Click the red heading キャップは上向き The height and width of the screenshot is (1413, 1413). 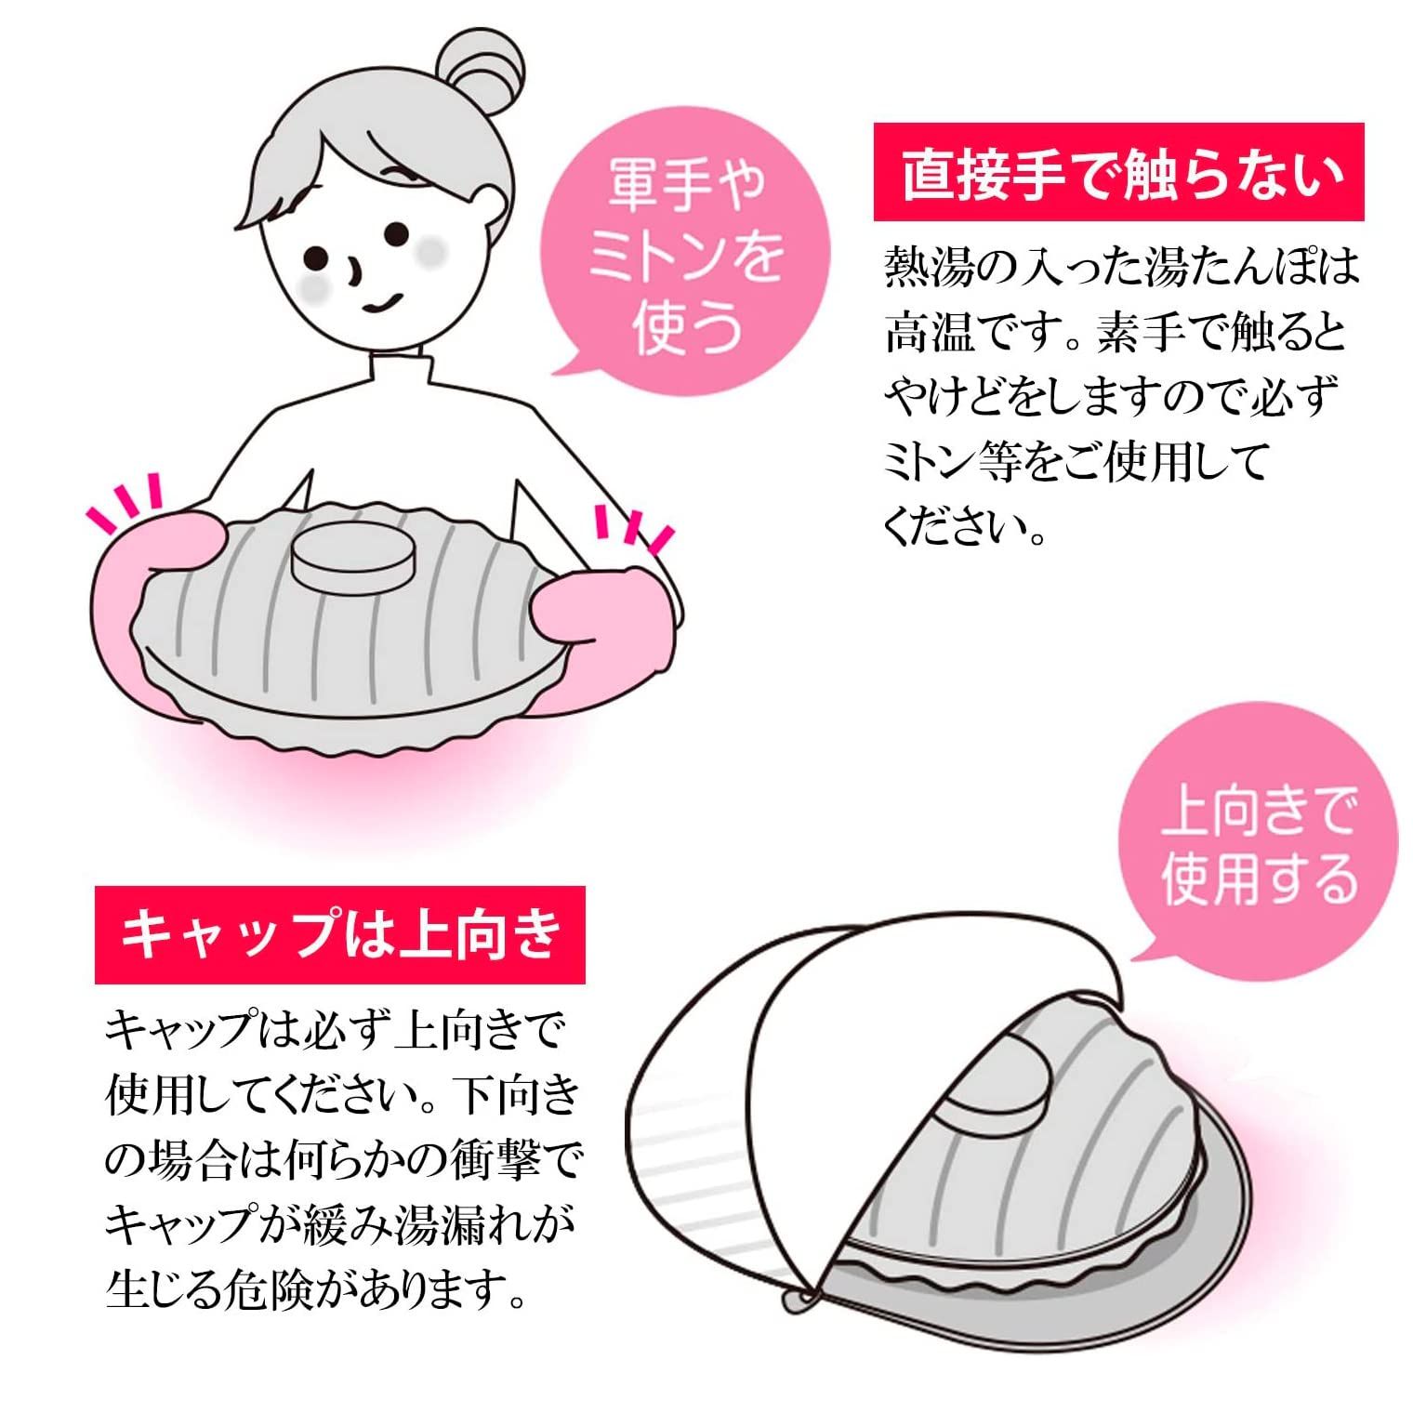(x=340, y=934)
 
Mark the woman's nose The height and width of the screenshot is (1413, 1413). (x=353, y=271)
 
